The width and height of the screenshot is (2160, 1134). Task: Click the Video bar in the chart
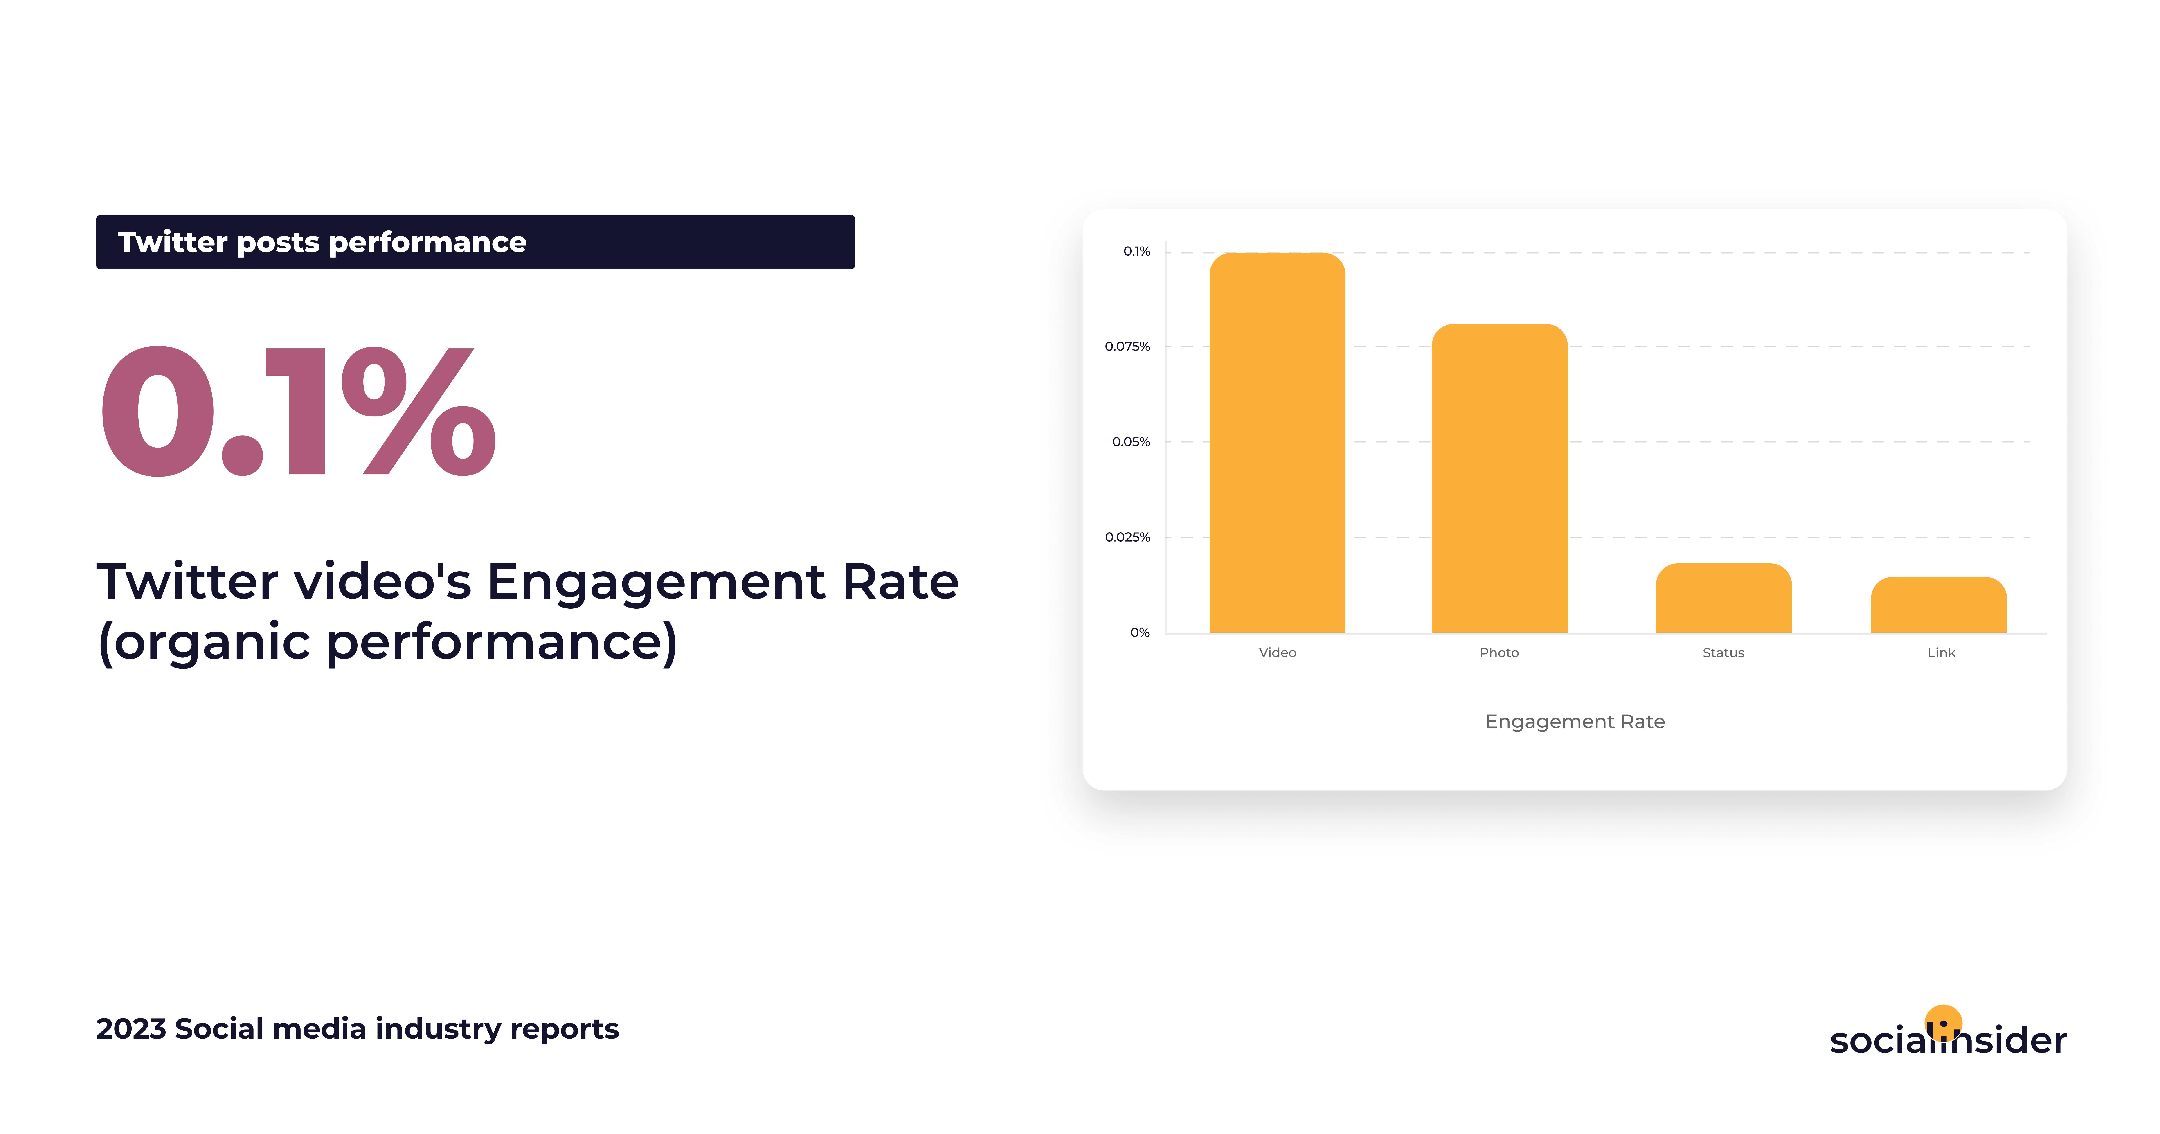(x=1277, y=442)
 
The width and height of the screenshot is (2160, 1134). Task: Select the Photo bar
(x=1499, y=478)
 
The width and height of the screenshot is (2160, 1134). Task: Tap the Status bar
(x=1723, y=598)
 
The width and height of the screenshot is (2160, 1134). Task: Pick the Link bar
(x=1939, y=605)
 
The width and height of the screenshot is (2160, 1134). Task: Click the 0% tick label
(x=1140, y=632)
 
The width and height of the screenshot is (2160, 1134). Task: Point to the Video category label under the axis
(x=1277, y=652)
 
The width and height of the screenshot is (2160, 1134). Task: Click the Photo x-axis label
(x=1499, y=652)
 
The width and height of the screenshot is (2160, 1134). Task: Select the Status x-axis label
(x=1723, y=652)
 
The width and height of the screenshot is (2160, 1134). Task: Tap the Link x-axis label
(x=1941, y=652)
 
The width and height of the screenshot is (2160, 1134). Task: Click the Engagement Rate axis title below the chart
(x=1575, y=721)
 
